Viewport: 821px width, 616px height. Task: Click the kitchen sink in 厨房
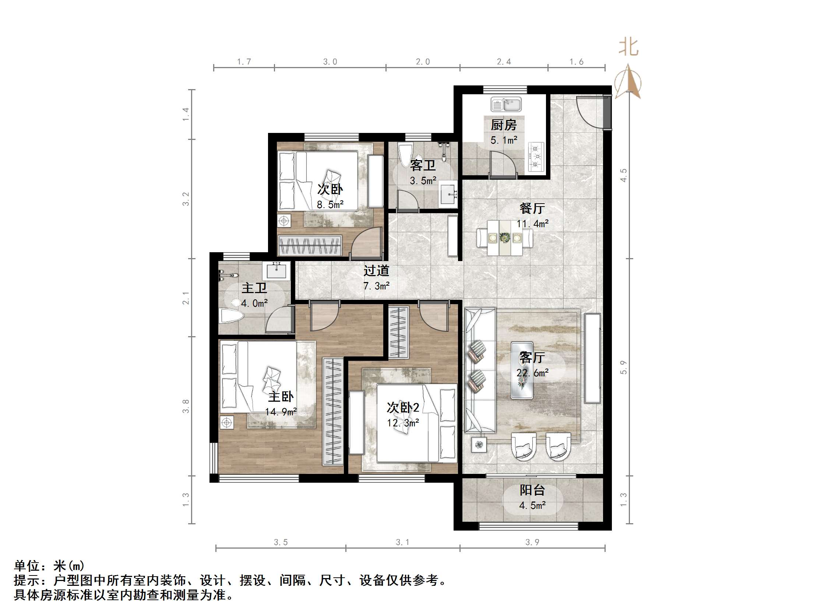(506, 104)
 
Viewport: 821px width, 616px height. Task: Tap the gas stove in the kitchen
(536, 157)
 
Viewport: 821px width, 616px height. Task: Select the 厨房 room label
(504, 125)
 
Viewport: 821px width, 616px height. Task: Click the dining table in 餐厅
(504, 237)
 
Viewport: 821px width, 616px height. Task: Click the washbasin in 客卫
(449, 194)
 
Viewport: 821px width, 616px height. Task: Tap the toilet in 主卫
(231, 316)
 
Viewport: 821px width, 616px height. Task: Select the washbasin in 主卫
(276, 270)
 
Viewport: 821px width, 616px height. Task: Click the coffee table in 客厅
(522, 370)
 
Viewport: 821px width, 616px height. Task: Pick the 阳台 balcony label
(532, 490)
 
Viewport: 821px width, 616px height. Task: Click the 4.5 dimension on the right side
(624, 175)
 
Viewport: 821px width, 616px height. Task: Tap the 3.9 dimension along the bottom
(532, 542)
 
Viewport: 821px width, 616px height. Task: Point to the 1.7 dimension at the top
(244, 61)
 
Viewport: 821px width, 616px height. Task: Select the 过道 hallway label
(376, 271)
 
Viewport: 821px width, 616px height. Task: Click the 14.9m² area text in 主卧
(281, 412)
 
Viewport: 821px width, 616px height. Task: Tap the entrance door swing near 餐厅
(589, 112)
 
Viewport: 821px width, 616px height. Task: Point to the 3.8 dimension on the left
(186, 406)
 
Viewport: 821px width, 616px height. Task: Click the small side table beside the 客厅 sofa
(479, 445)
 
